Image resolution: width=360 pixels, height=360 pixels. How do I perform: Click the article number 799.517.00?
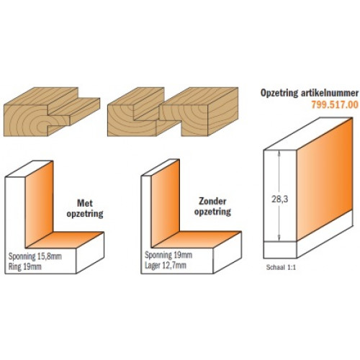coord(335,104)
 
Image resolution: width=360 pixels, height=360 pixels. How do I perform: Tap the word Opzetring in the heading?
coord(279,93)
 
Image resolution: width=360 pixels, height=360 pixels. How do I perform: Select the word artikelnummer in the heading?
coord(330,93)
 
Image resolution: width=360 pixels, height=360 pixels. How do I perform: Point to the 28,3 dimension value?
coord(279,199)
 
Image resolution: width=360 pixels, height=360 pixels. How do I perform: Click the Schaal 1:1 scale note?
coord(281,267)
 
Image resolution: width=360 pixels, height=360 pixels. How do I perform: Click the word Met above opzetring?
coord(85,203)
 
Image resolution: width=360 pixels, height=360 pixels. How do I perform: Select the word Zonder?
coord(212,201)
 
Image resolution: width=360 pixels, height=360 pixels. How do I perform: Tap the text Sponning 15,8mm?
coord(35,256)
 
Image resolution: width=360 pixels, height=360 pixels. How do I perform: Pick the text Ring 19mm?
coord(24,266)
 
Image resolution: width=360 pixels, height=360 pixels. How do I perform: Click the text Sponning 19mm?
coord(168,255)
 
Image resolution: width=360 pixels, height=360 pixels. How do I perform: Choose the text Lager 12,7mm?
coord(166,265)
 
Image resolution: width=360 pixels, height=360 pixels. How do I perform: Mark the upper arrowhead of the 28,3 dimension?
coord(279,153)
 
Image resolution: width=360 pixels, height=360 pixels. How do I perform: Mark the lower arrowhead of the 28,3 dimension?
coord(279,238)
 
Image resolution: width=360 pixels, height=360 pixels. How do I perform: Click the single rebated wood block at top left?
coord(52,112)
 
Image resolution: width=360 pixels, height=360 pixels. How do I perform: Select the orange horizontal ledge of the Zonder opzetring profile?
coord(197,239)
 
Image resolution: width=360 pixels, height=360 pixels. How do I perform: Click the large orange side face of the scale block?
coord(325,179)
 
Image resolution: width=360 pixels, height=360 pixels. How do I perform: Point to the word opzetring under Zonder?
coord(212,212)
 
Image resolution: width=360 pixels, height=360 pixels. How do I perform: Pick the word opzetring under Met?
coord(85,214)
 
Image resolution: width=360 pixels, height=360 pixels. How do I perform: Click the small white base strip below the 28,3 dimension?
coord(280,249)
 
